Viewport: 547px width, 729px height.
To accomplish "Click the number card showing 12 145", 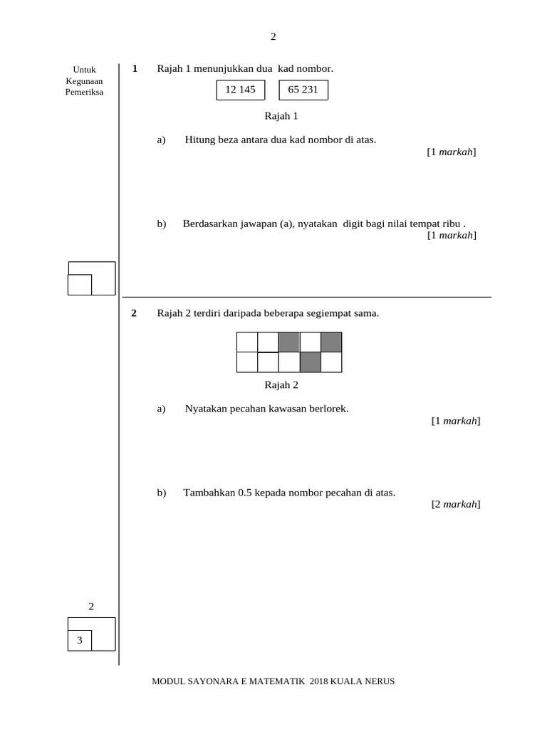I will [240, 90].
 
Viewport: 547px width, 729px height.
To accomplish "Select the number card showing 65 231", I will [303, 90].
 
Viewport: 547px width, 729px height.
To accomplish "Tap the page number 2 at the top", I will [273, 37].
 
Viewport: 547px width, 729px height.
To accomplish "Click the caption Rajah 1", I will [281, 115].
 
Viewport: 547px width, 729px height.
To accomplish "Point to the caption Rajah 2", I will [281, 385].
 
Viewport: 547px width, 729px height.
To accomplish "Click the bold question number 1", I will [135, 69].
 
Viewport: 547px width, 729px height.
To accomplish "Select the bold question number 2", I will [135, 313].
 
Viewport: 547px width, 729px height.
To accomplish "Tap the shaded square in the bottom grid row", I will [310, 362].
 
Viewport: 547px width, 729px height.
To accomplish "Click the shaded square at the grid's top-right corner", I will [331, 342].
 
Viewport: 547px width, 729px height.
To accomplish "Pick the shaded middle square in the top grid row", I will [289, 342].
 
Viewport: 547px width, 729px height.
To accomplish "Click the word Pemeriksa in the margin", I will [84, 93].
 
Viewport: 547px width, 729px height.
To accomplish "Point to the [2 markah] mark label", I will [456, 504].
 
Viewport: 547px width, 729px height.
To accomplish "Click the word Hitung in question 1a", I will [199, 140].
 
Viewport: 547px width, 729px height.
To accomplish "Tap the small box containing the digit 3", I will [80, 641].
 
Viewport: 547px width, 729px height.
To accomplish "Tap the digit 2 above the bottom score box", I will [91, 607].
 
